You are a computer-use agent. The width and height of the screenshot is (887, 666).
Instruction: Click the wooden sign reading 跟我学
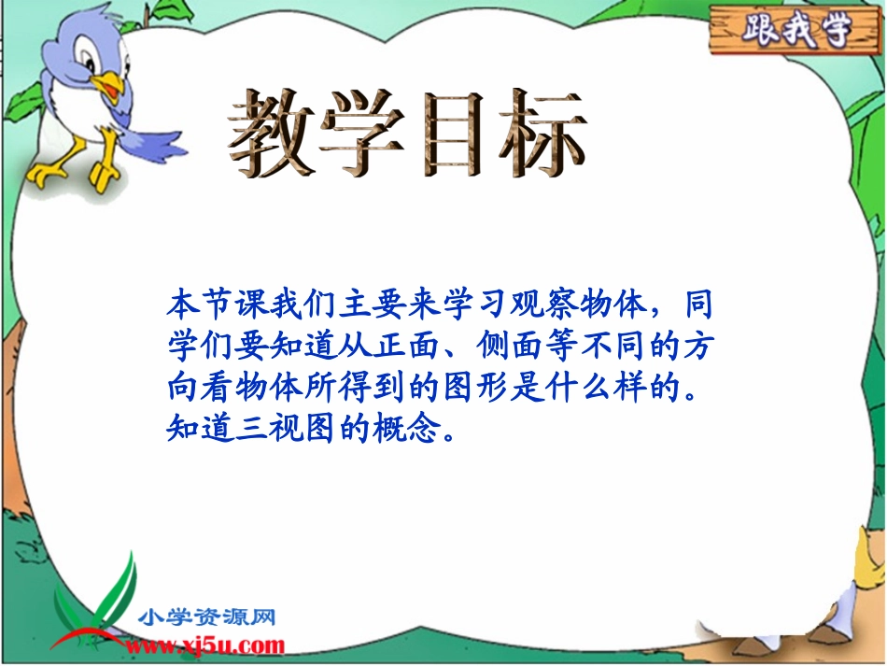[x=795, y=31]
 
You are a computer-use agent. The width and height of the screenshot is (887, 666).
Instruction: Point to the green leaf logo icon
[x=116, y=598]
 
